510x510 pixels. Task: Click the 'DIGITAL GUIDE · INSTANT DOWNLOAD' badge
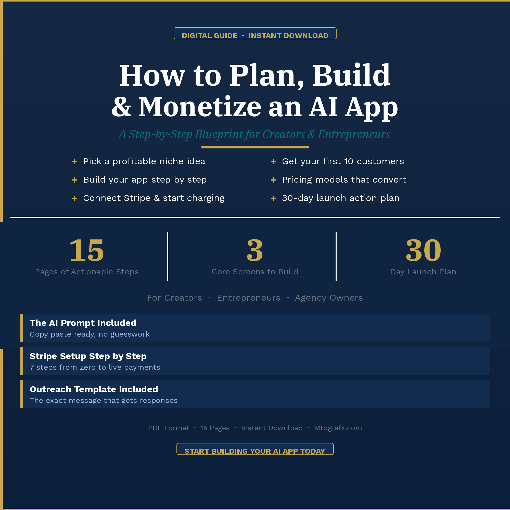tap(255, 33)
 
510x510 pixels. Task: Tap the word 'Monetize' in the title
tap(200, 107)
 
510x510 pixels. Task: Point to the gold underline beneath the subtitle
tap(255, 147)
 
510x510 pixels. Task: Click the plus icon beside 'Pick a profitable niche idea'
tap(74, 162)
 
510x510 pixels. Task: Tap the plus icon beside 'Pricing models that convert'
tap(273, 180)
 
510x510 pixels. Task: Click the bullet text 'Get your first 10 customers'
tap(343, 161)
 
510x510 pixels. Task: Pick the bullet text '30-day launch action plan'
tap(341, 198)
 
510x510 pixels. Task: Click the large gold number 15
tap(87, 250)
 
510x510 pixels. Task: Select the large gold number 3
tap(255, 250)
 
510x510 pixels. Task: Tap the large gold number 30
tap(423, 250)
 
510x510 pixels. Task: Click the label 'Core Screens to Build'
tap(255, 272)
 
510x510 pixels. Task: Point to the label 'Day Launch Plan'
tap(423, 272)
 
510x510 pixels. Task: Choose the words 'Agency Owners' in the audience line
tap(329, 298)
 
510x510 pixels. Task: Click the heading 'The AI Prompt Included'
tap(83, 323)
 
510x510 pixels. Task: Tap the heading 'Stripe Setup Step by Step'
tap(88, 356)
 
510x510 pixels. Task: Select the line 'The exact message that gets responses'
tap(104, 400)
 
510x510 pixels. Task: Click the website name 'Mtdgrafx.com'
tap(338, 428)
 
